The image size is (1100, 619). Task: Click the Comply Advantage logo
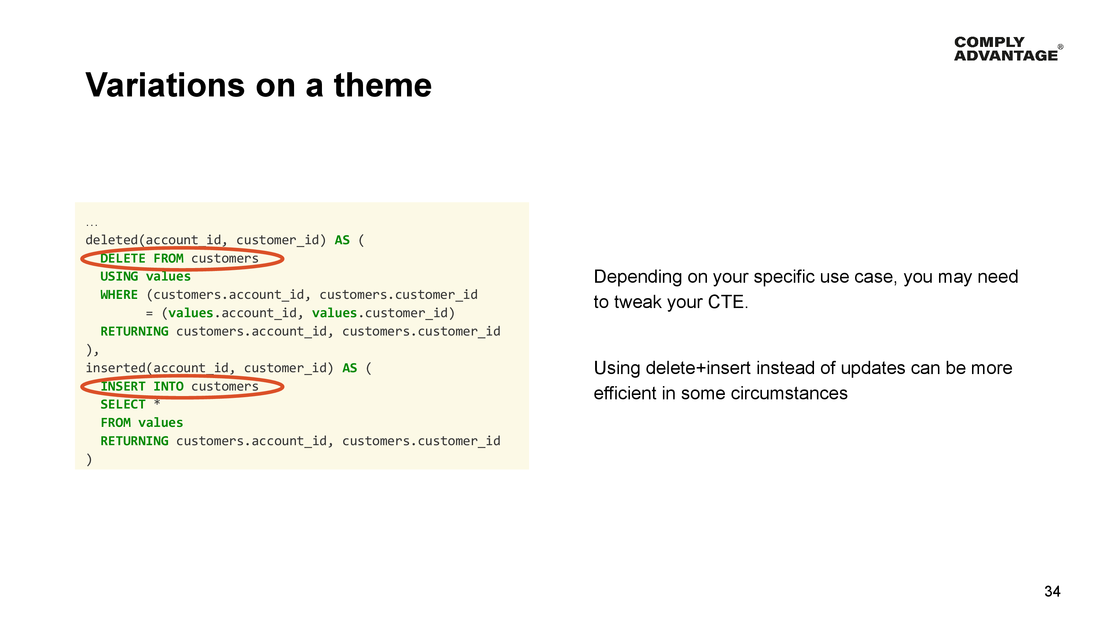(1007, 49)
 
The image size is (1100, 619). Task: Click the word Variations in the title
(165, 85)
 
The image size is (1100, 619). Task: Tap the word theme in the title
(382, 85)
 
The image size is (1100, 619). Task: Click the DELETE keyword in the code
(122, 259)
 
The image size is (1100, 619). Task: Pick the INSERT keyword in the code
(122, 386)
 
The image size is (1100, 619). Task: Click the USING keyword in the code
(119, 276)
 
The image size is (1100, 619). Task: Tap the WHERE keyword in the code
(119, 295)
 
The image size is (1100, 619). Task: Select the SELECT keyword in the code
(122, 404)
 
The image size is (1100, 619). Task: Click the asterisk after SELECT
(157, 402)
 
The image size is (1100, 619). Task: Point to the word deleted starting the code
(111, 240)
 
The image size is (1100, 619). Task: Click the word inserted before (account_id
(115, 368)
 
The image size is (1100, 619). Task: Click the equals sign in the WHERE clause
(149, 314)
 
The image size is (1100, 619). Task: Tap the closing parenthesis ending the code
(89, 459)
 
